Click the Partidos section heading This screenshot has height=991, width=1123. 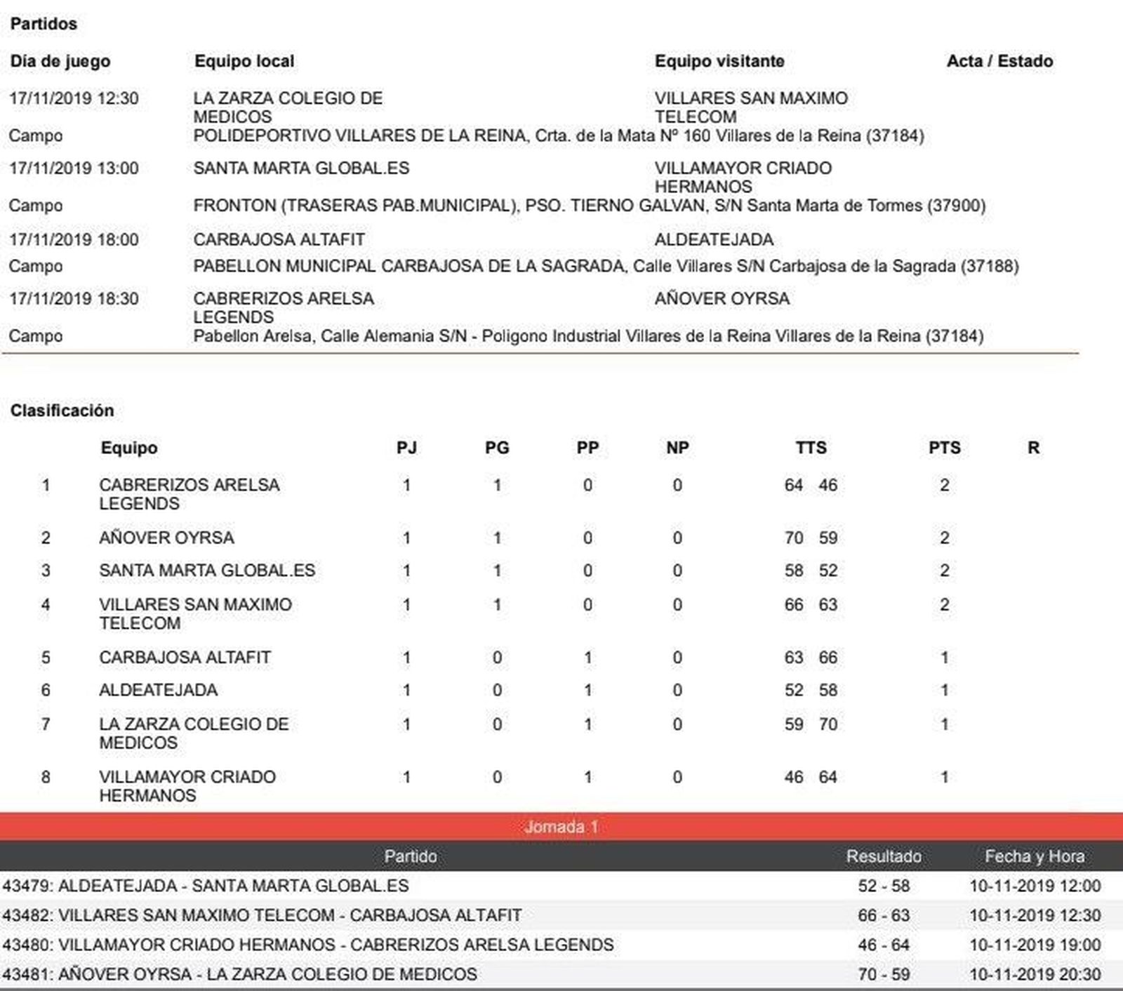44,24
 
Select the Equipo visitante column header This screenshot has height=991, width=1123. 719,61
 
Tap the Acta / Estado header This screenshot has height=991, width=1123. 999,61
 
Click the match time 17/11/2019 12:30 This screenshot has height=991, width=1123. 74,98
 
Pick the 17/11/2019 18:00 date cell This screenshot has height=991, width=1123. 74,239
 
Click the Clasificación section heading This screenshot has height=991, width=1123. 62,411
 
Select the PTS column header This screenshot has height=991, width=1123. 944,448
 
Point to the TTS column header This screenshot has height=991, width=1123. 811,448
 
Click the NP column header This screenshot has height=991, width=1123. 677,448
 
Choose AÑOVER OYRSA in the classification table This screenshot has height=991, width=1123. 166,538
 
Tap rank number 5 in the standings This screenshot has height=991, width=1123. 46,658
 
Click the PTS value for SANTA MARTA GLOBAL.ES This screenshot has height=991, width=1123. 944,571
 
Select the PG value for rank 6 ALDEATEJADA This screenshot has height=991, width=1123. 497,691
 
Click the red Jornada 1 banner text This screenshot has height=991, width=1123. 561,827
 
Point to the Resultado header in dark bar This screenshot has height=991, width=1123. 884,856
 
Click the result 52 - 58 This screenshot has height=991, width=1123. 884,886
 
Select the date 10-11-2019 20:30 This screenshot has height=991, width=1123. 1035,974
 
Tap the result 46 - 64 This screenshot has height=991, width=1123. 884,945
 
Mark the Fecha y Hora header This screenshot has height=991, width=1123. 1035,856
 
